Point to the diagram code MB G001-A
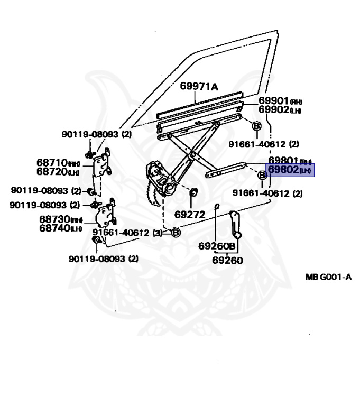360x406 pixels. point(328,276)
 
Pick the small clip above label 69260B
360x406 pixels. point(217,206)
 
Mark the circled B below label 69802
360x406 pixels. point(262,175)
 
